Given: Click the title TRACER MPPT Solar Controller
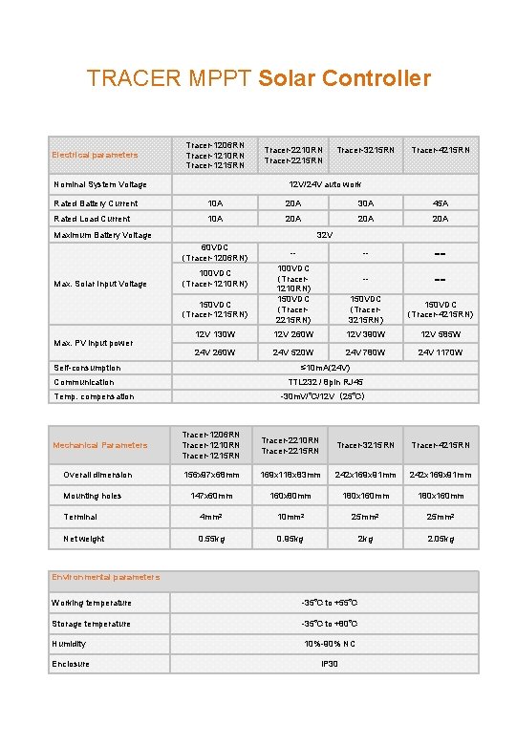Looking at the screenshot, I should pos(258,78).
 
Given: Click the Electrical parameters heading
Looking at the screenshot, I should pos(95,155).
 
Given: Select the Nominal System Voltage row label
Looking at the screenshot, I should pos(100,184).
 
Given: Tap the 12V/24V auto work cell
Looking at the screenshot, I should pos(325,184).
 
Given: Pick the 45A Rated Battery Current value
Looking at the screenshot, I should pos(441,203).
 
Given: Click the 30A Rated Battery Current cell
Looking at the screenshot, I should pos(367,203).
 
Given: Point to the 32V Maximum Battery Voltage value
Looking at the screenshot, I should pos(325,234).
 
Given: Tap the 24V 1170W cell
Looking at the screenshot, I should pos(441,352).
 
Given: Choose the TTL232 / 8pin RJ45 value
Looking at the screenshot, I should pos(325,382).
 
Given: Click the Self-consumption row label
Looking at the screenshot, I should pos(87,368).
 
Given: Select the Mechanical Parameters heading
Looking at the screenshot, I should pos(100,445).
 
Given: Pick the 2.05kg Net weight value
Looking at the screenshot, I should pos(441,539).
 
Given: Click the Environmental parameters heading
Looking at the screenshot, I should pos(106,577).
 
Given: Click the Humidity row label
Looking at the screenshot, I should pos(69,644).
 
